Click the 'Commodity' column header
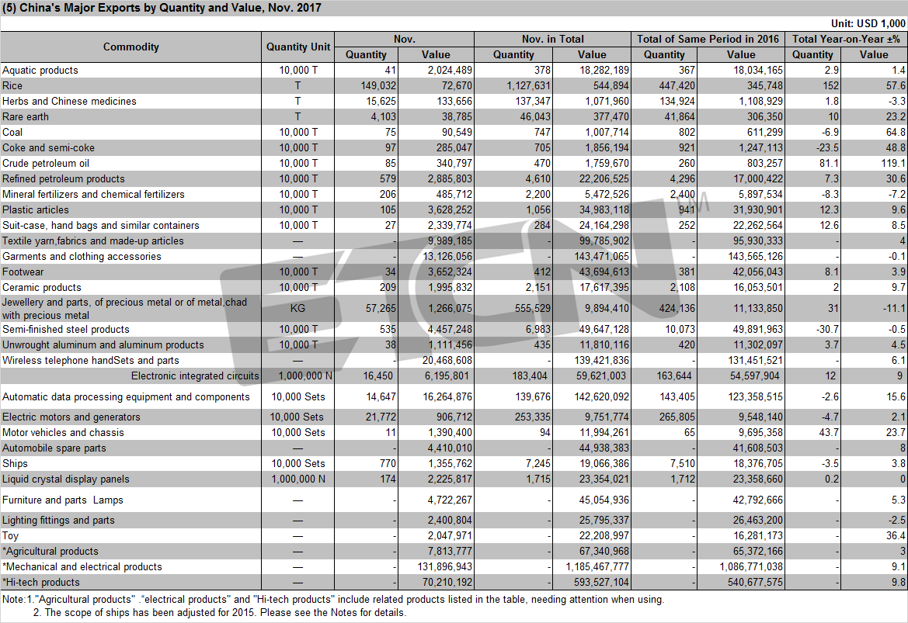pyautogui.click(x=130, y=47)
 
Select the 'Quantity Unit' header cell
pyautogui.click(x=298, y=47)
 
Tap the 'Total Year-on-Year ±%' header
pyautogui.click(x=846, y=39)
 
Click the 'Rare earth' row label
pyautogui.click(x=26, y=117)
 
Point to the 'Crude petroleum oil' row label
pyautogui.click(x=46, y=163)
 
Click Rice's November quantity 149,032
pyautogui.click(x=378, y=85)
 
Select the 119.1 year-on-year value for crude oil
pyautogui.click(x=893, y=163)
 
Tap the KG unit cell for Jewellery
pyautogui.click(x=297, y=308)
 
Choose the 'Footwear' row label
pyautogui.click(x=23, y=272)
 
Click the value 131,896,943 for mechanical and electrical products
pyautogui.click(x=445, y=567)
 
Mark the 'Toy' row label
pyautogui.click(x=10, y=535)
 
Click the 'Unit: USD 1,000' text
pyautogui.click(x=868, y=23)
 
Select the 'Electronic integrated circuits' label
pyautogui.click(x=195, y=376)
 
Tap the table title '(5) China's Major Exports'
pyautogui.click(x=162, y=8)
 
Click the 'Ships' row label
pyautogui.click(x=15, y=463)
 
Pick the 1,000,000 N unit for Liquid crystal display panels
pyautogui.click(x=298, y=479)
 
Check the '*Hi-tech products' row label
pyautogui.click(x=41, y=583)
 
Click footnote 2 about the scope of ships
pyautogui.click(x=220, y=613)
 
